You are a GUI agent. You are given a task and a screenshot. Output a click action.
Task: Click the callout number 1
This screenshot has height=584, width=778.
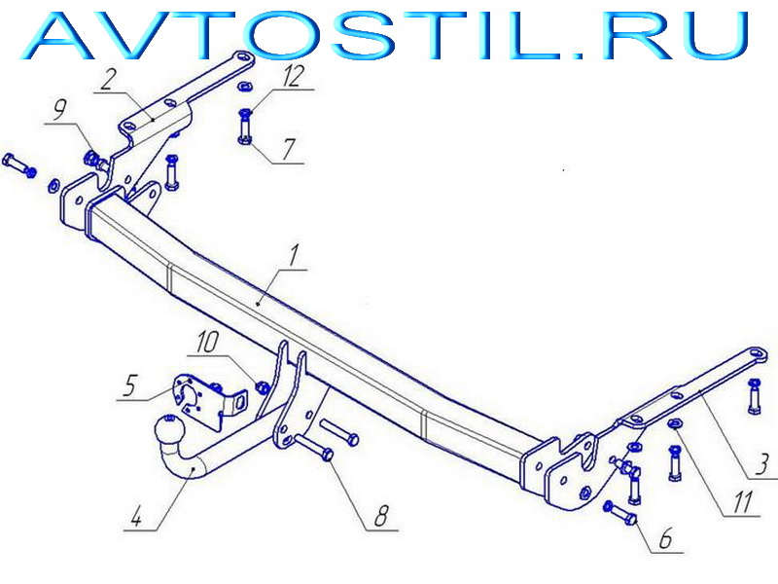pyautogui.click(x=294, y=256)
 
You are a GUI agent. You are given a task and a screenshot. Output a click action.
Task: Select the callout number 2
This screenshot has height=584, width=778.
pyautogui.click(x=107, y=80)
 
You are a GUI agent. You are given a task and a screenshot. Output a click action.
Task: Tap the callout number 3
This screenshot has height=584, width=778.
pyautogui.click(x=763, y=464)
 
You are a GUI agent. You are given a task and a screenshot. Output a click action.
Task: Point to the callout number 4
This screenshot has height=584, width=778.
pyautogui.click(x=136, y=516)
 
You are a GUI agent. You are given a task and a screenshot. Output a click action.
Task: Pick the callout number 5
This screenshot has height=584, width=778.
pyautogui.click(x=129, y=385)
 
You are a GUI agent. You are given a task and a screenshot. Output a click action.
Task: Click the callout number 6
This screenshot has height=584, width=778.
pyautogui.click(x=665, y=538)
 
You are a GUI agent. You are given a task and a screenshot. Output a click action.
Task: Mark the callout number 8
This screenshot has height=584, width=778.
pyautogui.click(x=381, y=516)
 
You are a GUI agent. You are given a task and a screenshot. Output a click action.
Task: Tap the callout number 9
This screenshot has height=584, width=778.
pyautogui.click(x=59, y=110)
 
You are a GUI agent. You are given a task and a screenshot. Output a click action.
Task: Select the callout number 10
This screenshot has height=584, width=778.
pyautogui.click(x=207, y=343)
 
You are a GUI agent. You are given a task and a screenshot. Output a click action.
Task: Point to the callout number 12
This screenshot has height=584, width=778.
pyautogui.click(x=294, y=76)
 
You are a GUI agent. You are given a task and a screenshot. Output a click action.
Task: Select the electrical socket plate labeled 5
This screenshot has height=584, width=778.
pyautogui.click(x=207, y=401)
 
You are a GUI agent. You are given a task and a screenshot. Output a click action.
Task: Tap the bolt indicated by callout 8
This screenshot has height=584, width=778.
pyautogui.click(x=313, y=447)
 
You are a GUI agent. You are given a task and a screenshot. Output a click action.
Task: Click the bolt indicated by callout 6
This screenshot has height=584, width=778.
pyautogui.click(x=619, y=515)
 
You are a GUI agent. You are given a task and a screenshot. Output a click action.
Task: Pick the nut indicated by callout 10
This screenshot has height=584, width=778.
pyautogui.click(x=263, y=386)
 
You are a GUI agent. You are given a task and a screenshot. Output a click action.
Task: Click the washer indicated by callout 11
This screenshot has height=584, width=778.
pyautogui.click(x=675, y=423)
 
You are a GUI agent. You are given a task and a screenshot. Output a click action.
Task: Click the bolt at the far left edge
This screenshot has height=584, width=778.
pyautogui.click(x=18, y=165)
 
